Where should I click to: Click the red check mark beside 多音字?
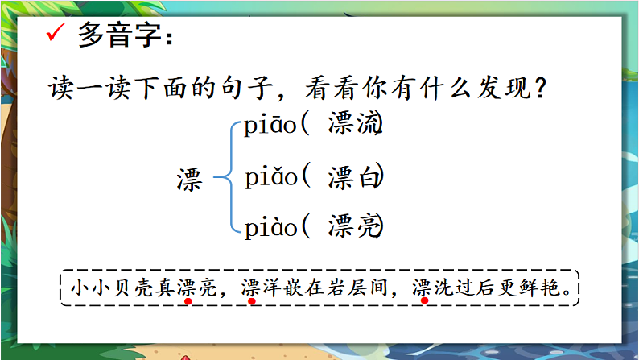[x=56, y=35]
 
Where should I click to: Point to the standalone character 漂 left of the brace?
[x=191, y=180]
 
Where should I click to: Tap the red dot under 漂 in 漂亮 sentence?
[x=187, y=303]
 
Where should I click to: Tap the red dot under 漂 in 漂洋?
[x=252, y=303]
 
